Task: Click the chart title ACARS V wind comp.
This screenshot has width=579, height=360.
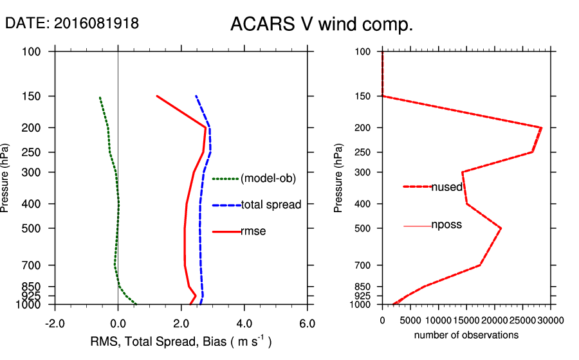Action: coord(321,25)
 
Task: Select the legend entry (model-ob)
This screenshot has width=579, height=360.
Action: coord(268,179)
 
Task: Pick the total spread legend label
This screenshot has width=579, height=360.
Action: coord(271,205)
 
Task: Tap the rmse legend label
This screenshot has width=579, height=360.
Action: coord(254,231)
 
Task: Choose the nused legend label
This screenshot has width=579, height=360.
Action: coord(446,186)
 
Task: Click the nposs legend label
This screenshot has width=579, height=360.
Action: coord(446,225)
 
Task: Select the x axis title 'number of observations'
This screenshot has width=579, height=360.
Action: coord(466,335)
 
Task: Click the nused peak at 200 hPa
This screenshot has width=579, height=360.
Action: coord(541,128)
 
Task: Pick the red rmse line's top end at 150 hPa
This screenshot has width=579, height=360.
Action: coord(157,96)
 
